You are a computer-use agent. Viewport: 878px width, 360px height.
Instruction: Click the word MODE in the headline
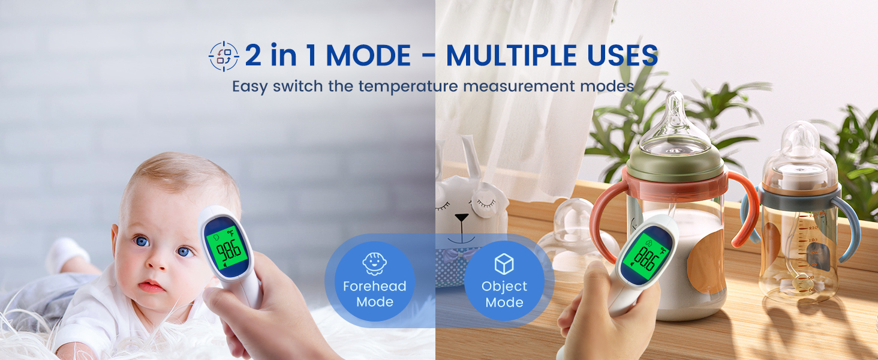368,56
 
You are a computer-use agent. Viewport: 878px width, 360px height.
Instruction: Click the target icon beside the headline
224,56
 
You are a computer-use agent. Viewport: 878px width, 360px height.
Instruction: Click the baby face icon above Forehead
374,263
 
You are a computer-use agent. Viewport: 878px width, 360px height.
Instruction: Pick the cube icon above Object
504,263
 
